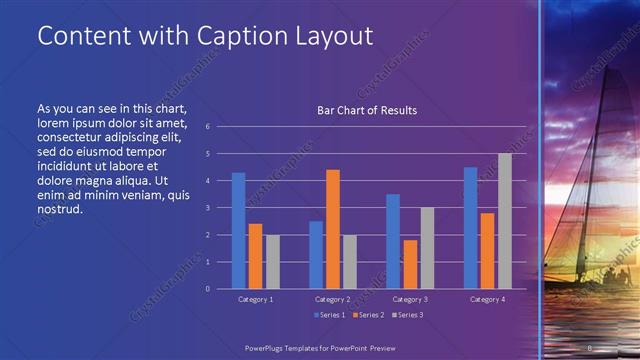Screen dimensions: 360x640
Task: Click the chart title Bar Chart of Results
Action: pyautogui.click(x=366, y=110)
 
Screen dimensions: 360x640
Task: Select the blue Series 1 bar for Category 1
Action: pyautogui.click(x=238, y=230)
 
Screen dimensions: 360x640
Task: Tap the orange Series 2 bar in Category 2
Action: pyautogui.click(x=333, y=229)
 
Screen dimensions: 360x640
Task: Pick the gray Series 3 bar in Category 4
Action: pyautogui.click(x=504, y=221)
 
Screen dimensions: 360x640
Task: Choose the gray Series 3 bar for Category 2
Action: pyautogui.click(x=350, y=261)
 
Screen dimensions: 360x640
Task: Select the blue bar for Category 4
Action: pyautogui.click(x=470, y=227)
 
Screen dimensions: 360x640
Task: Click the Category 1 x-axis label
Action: pyautogui.click(x=256, y=299)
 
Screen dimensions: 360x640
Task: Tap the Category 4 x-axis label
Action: pyautogui.click(x=487, y=299)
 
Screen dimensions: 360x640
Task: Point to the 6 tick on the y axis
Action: pyautogui.click(x=207, y=127)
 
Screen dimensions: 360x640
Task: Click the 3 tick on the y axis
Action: pyautogui.click(x=207, y=208)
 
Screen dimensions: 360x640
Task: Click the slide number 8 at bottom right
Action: pyautogui.click(x=591, y=346)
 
